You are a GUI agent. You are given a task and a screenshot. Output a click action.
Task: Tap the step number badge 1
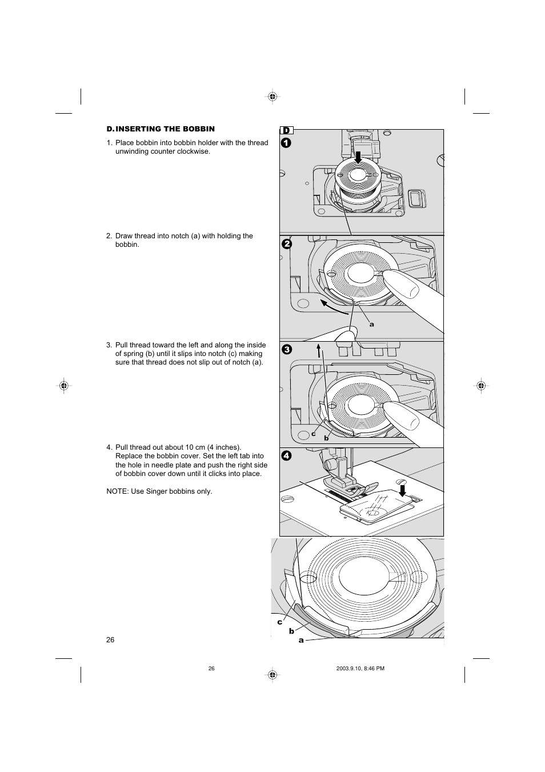(286, 143)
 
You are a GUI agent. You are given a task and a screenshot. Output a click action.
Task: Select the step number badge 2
(286, 244)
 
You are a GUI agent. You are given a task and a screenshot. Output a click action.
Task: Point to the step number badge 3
(286, 350)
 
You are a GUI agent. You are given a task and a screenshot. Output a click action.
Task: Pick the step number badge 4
(286, 455)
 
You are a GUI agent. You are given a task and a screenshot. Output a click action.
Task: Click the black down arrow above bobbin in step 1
(358, 157)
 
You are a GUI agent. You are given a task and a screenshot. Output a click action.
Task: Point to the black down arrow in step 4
(403, 491)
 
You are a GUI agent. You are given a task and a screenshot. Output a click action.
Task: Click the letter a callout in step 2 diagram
(371, 325)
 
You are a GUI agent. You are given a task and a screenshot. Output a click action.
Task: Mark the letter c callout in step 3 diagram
(314, 434)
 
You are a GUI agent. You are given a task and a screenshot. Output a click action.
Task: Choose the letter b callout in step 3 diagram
(326, 438)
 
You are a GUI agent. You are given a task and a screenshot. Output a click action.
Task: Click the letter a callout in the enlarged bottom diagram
(301, 641)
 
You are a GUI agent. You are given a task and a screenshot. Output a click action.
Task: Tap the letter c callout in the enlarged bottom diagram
(280, 622)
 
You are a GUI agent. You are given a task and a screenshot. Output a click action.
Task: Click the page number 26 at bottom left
(110, 639)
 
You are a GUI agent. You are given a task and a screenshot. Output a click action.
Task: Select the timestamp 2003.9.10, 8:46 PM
(360, 669)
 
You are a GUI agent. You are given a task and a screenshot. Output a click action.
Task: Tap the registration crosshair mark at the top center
(272, 97)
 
